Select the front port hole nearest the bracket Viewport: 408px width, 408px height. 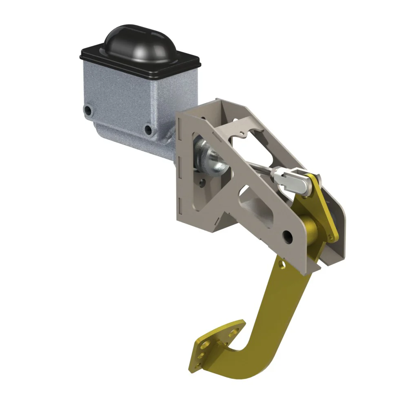[x=148, y=130]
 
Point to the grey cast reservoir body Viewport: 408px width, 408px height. [x=135, y=94]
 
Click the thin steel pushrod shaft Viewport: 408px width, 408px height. [x=261, y=167]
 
